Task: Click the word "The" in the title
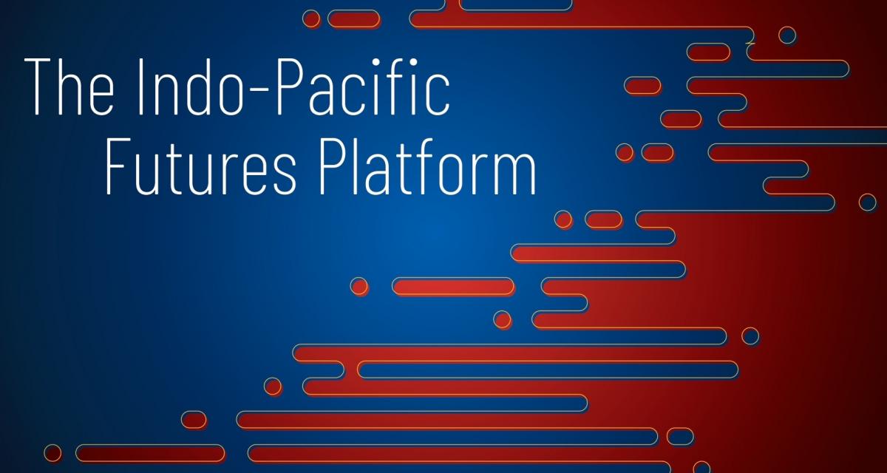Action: point(69,86)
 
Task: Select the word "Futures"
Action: point(201,166)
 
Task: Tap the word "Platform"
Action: point(428,166)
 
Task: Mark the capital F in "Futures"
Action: point(118,166)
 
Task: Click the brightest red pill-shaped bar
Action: point(453,287)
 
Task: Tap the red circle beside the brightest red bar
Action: point(359,286)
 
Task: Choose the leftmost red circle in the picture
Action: point(52,453)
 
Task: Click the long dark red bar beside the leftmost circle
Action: point(150,453)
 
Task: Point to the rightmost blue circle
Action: point(867,203)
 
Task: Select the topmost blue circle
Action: point(787,35)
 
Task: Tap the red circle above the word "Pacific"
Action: point(311,19)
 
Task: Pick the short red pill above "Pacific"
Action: point(354,19)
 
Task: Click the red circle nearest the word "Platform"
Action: point(563,220)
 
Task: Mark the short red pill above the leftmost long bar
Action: point(194,420)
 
